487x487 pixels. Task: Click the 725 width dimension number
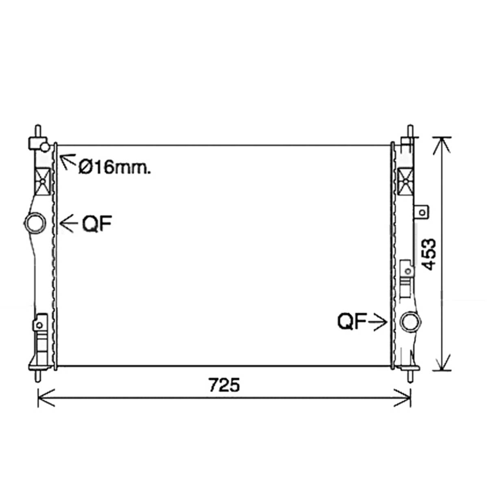pos(224,385)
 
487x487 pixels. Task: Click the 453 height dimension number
pos(428,254)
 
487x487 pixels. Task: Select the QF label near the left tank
pos(97,223)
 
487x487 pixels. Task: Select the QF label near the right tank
pos(352,321)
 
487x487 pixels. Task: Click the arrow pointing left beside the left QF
pos(69,223)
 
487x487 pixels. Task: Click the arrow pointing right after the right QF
pos(377,322)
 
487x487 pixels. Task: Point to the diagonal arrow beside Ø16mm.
pos(68,161)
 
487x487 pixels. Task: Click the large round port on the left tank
pos(35,223)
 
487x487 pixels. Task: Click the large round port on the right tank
pos(410,322)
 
